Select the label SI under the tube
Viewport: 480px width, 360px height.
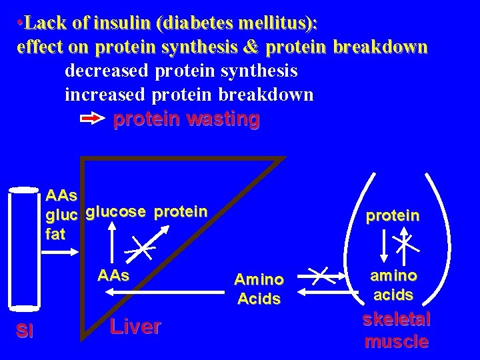coord(25,331)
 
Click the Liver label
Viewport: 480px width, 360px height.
coord(135,327)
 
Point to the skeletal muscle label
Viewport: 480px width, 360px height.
coord(396,331)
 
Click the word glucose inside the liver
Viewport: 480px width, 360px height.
coord(115,212)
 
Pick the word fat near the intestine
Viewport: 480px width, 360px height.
coord(55,235)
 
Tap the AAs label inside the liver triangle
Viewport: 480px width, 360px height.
coord(113,275)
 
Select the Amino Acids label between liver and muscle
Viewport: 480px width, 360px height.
coord(259,289)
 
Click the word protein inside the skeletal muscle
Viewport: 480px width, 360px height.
coord(393,216)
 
